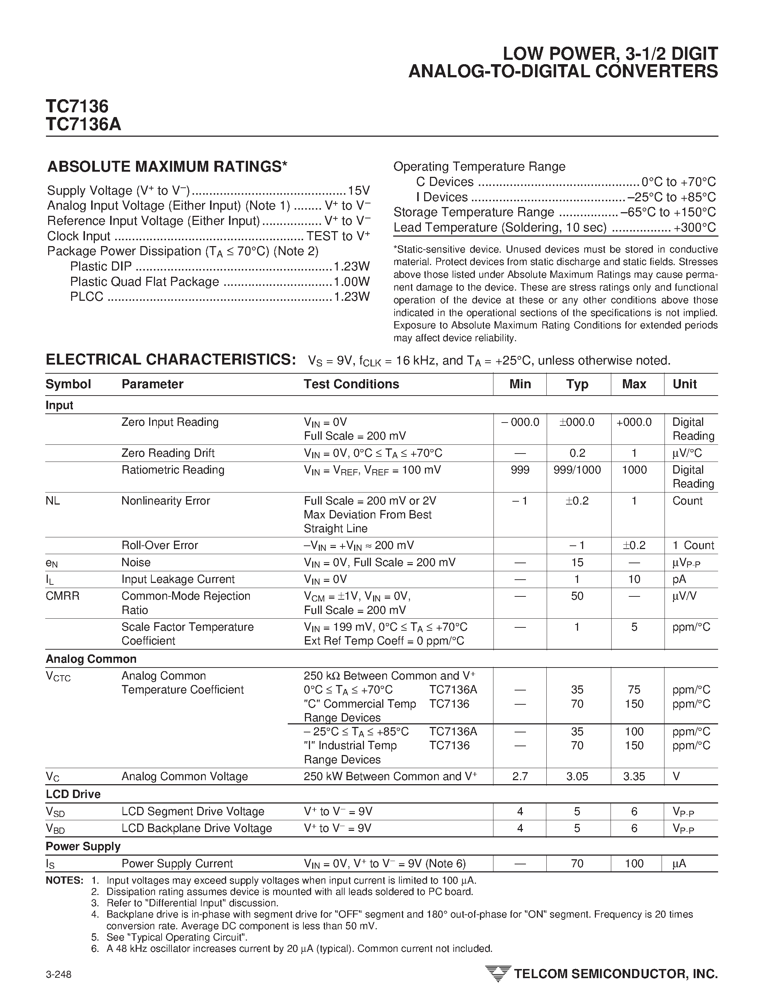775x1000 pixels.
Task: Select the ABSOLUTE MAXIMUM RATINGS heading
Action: coord(167,167)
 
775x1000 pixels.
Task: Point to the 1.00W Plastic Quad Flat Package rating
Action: coord(351,281)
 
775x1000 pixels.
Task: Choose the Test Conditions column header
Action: coord(351,384)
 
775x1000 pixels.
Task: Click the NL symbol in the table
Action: coord(53,501)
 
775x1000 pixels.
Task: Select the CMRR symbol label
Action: coord(62,596)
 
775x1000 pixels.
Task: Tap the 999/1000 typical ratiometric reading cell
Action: coord(577,470)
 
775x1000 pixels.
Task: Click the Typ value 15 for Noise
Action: coord(577,562)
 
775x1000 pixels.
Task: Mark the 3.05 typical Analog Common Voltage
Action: coord(577,777)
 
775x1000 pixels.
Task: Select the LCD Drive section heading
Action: coord(73,794)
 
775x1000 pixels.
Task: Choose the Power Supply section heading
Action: coord(83,846)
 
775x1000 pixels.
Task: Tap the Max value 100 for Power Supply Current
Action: coord(634,864)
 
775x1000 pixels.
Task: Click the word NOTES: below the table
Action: coord(64,880)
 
